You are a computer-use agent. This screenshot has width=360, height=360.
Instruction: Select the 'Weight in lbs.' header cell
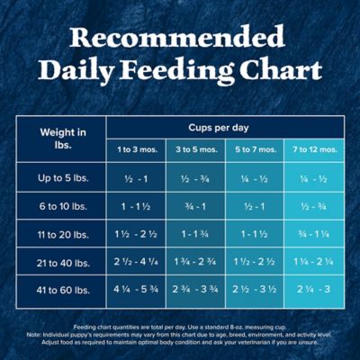(61, 139)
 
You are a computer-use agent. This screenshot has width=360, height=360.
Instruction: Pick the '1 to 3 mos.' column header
(136, 149)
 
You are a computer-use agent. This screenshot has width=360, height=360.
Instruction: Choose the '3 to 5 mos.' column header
(195, 149)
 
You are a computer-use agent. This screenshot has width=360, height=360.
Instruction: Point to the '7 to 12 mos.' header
(314, 149)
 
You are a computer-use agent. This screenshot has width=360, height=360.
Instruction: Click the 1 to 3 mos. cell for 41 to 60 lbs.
(136, 290)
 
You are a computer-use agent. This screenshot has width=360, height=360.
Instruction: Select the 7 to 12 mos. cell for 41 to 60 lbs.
(314, 290)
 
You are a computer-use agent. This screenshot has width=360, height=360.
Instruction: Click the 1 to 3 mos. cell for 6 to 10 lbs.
(136, 206)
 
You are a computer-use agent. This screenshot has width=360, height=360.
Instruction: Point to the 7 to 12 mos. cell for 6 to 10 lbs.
(314, 206)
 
